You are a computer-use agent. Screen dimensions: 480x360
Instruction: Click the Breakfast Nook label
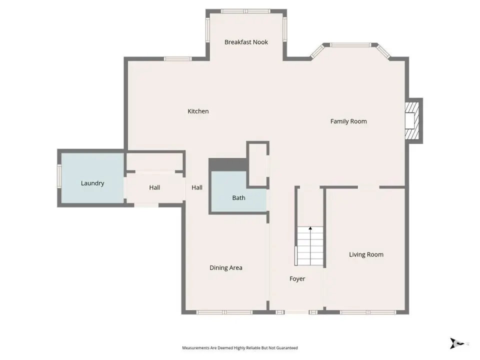click(x=246, y=42)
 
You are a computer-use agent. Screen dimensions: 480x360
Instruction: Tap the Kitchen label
click(x=198, y=111)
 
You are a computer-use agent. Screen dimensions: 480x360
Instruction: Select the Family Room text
click(x=348, y=121)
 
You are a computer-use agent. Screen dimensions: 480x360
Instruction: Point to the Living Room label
click(x=366, y=254)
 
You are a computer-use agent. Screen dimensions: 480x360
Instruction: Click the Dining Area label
click(x=226, y=268)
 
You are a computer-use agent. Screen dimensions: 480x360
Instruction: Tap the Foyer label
click(x=297, y=279)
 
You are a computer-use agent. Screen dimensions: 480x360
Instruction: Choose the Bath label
click(x=239, y=198)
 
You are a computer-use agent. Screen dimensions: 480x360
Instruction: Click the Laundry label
click(x=92, y=183)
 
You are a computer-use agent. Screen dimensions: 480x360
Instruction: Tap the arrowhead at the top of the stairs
click(x=310, y=228)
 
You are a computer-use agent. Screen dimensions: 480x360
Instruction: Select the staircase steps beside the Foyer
click(x=310, y=246)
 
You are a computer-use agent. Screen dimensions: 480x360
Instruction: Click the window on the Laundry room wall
click(x=59, y=176)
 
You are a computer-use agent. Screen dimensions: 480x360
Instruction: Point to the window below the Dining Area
click(x=224, y=312)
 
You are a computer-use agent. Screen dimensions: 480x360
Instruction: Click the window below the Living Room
click(x=368, y=312)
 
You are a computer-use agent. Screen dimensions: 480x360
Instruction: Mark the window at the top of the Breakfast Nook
click(x=246, y=11)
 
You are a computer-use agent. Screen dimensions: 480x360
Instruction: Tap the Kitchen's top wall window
click(x=178, y=59)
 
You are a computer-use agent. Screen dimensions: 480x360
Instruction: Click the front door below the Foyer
click(x=296, y=312)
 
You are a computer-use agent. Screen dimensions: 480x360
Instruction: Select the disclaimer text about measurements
click(x=240, y=348)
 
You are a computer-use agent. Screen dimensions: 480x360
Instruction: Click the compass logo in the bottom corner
click(x=456, y=343)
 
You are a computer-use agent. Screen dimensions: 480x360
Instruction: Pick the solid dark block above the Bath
click(x=228, y=164)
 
